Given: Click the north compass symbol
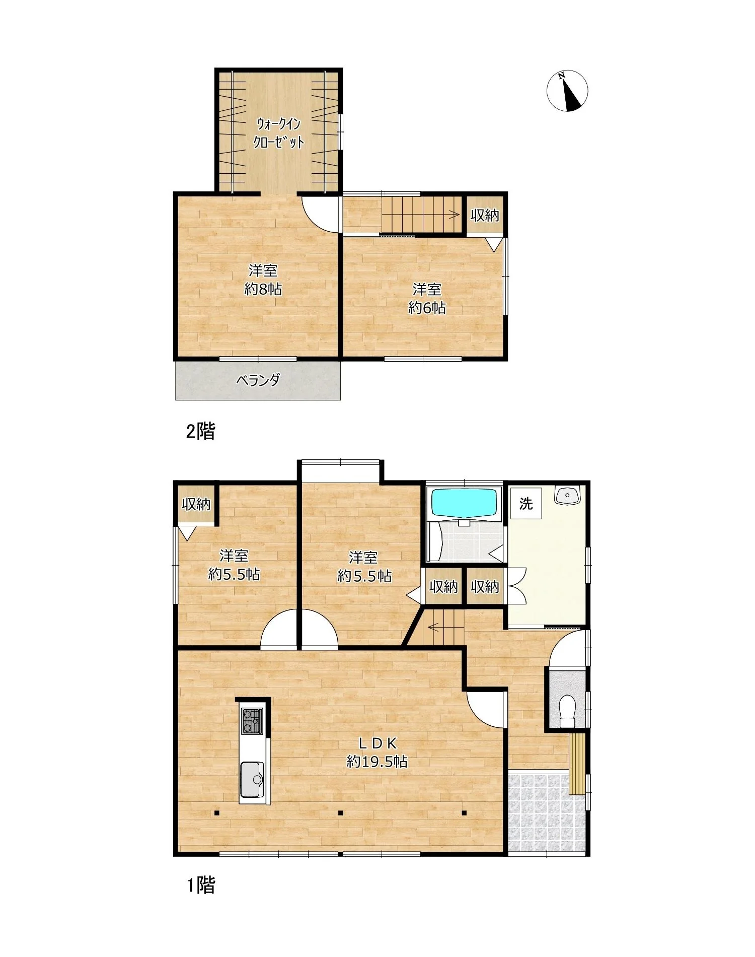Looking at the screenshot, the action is pos(567,91).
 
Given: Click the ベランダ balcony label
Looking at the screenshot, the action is pos(258,380).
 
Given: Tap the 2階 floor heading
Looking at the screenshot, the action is pos(200,431).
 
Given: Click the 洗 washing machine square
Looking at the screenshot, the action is pos(526,503).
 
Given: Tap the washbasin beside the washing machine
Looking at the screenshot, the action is pos(568,495).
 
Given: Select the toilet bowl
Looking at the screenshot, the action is pos(567,710).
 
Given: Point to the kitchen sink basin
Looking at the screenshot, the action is pos(252,779).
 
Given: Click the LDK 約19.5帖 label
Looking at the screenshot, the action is pos(377,751).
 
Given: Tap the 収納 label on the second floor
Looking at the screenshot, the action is pos(485,216).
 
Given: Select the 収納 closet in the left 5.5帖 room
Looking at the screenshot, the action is pos(196,504).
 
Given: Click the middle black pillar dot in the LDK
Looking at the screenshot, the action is pos(341,812).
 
